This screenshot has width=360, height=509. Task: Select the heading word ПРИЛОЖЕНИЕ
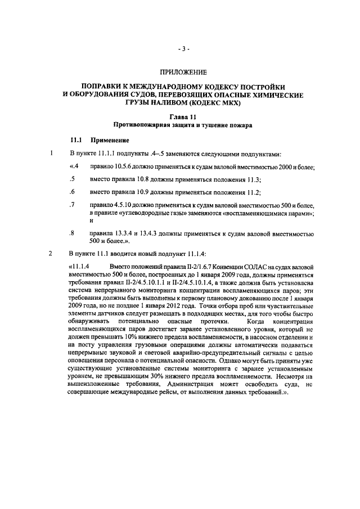pos(183,73)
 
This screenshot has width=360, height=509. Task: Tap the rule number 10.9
pos(145,192)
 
